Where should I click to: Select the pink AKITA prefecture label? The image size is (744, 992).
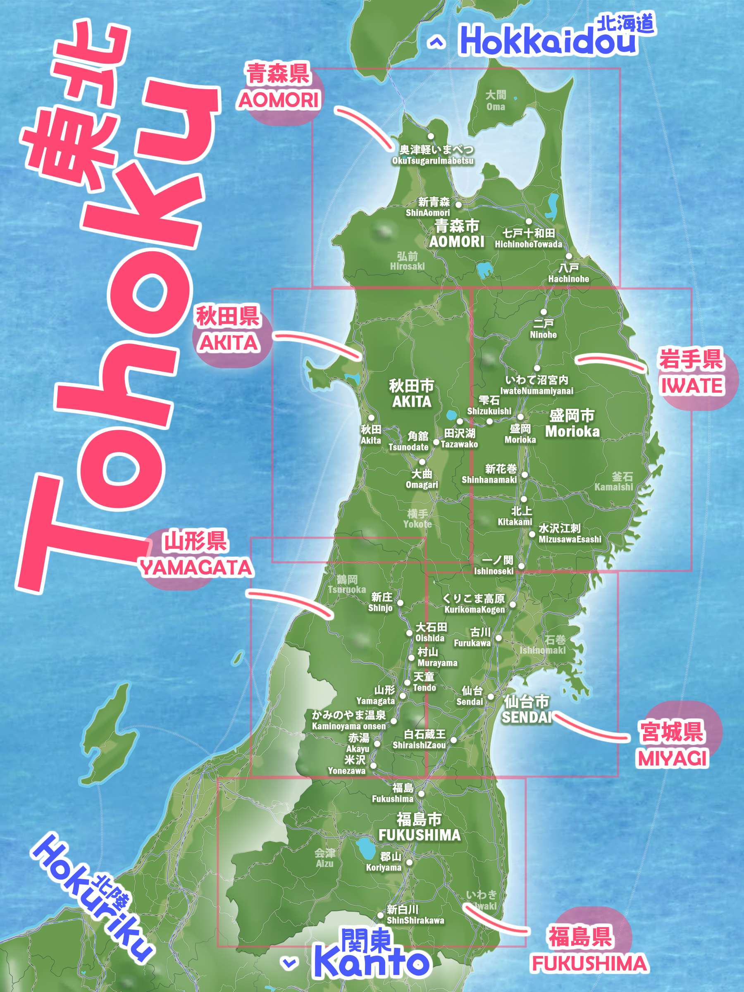coord(229,343)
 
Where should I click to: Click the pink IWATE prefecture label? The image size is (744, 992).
coord(692,386)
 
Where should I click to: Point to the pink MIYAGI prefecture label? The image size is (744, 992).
coord(672,759)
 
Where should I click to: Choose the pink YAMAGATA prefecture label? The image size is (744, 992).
coord(196,568)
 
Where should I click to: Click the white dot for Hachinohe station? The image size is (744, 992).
coord(568,256)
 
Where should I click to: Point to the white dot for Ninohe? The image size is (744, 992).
coord(544,312)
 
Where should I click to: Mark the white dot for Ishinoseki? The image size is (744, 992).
coord(521,566)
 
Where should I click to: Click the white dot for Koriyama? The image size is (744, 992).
coord(409,862)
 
